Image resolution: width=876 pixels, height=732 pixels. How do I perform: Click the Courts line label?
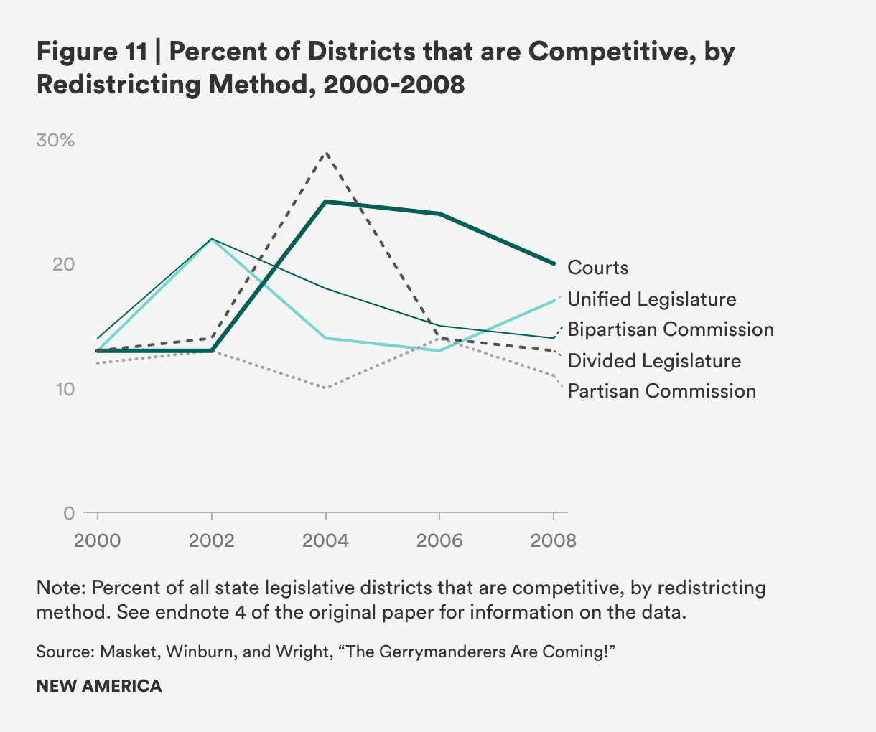click(597, 268)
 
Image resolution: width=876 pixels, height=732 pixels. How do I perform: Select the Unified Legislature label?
click(652, 299)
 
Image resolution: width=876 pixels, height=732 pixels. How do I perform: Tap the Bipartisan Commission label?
click(671, 329)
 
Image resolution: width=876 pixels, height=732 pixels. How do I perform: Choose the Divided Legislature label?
click(654, 360)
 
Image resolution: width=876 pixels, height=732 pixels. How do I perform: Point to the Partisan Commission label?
click(661, 391)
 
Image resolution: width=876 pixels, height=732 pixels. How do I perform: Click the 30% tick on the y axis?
click(55, 141)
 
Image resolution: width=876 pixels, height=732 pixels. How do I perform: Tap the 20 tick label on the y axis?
click(65, 265)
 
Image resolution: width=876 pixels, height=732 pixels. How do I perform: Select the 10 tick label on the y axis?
click(65, 389)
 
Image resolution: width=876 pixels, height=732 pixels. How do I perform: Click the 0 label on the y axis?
click(69, 513)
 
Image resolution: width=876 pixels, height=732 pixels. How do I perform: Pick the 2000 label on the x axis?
click(98, 540)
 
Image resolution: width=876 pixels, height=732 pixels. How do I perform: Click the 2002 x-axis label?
click(212, 540)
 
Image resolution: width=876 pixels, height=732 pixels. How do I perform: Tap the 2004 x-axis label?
click(326, 540)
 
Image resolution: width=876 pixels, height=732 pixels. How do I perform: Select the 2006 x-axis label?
click(439, 540)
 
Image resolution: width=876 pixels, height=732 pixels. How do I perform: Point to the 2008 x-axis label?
click(554, 540)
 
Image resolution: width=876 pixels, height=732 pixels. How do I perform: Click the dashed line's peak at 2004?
click(326, 152)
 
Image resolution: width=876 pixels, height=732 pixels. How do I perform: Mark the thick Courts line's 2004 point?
click(326, 202)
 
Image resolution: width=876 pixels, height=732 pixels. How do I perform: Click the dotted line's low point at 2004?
click(326, 388)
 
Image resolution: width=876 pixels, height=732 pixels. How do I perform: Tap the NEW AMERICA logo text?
click(99, 686)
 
